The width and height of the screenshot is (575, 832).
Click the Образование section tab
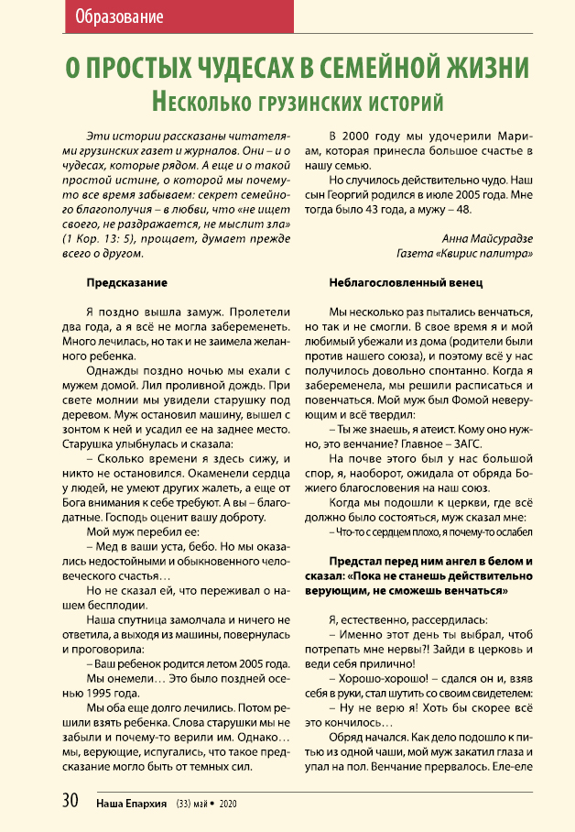tap(120, 17)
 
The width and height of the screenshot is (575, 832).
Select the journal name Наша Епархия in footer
tap(131, 802)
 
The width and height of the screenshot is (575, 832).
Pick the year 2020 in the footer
tap(228, 802)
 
